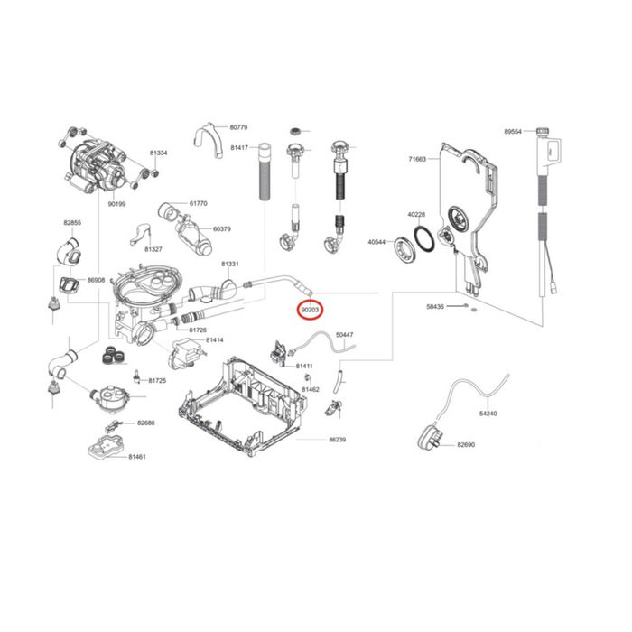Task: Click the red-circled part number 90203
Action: tap(310, 310)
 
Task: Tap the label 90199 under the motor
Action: tap(116, 204)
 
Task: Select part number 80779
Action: tap(238, 127)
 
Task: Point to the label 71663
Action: tap(417, 159)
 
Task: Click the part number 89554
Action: tap(513, 132)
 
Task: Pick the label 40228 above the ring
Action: tap(416, 215)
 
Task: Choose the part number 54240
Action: tap(488, 414)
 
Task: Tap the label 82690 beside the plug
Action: tap(466, 444)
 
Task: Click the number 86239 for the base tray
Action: tap(338, 440)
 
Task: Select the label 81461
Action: tap(137, 457)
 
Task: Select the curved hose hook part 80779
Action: tap(209, 139)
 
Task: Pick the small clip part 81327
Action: tap(139, 235)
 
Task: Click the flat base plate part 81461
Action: tap(106, 447)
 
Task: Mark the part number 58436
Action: tap(435, 307)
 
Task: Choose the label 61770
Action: tap(199, 203)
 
